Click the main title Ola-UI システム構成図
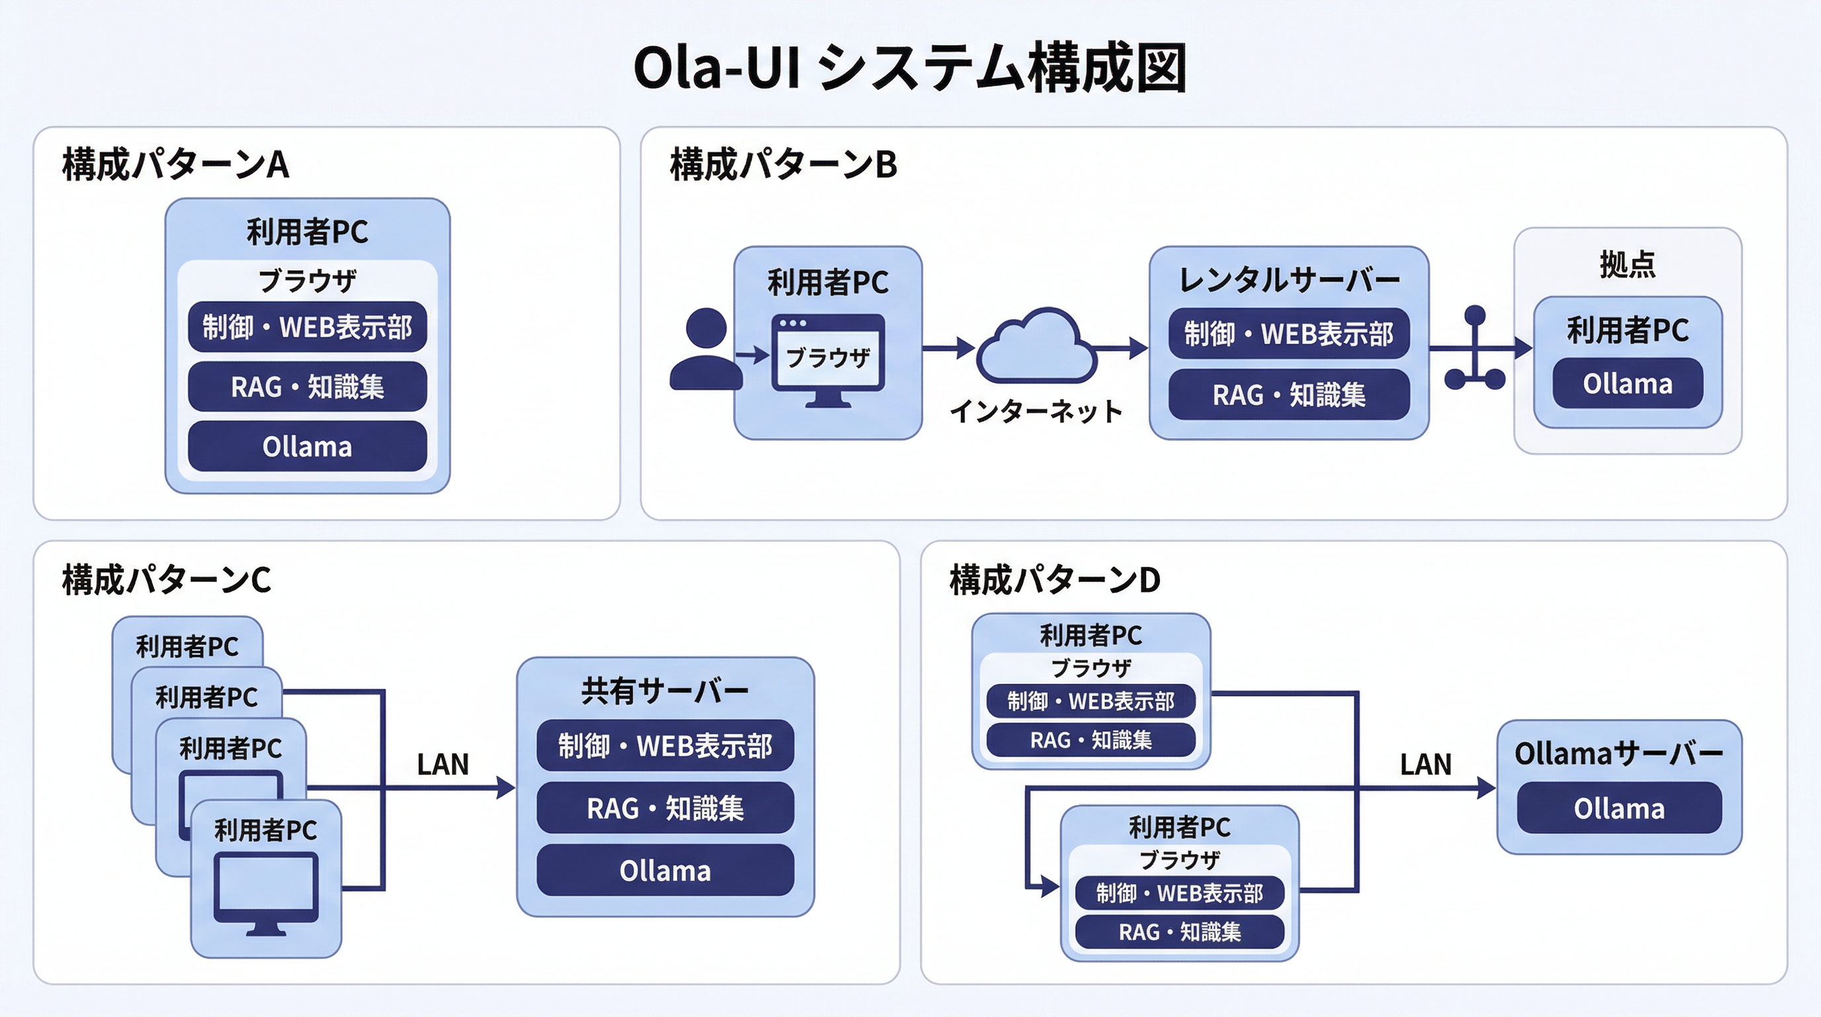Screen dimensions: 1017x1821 point(909,68)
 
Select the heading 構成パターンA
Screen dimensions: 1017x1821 point(175,165)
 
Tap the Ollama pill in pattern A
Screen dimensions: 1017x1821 point(307,446)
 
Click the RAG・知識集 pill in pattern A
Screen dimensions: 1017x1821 point(307,387)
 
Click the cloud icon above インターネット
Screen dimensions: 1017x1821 point(1036,346)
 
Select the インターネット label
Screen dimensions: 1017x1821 point(1036,411)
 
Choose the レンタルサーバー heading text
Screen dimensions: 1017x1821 point(1289,280)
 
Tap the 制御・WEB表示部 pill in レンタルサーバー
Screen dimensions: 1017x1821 point(1289,334)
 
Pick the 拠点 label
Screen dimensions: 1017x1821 point(1627,264)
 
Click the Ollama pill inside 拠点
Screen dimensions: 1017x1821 point(1627,384)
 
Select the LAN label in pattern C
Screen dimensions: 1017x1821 point(443,765)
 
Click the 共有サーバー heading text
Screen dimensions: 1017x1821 point(664,691)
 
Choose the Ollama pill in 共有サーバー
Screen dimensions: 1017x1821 point(664,871)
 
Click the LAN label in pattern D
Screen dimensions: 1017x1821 point(1425,765)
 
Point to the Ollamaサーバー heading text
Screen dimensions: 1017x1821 point(1619,754)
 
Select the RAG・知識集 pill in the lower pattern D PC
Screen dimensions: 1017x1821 point(1179,932)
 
